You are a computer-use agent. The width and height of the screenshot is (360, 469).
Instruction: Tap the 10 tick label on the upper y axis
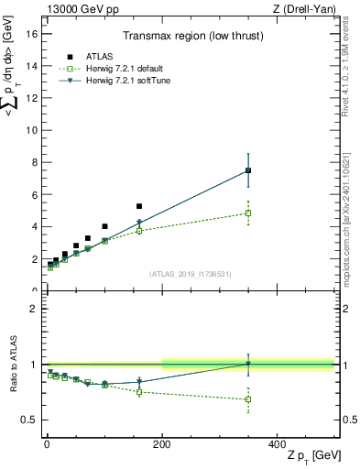pos(32,130)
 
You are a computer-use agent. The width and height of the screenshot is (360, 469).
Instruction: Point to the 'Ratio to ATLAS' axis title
pos(12,364)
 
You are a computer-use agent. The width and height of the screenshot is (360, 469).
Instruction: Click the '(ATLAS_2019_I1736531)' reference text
pos(190,274)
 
